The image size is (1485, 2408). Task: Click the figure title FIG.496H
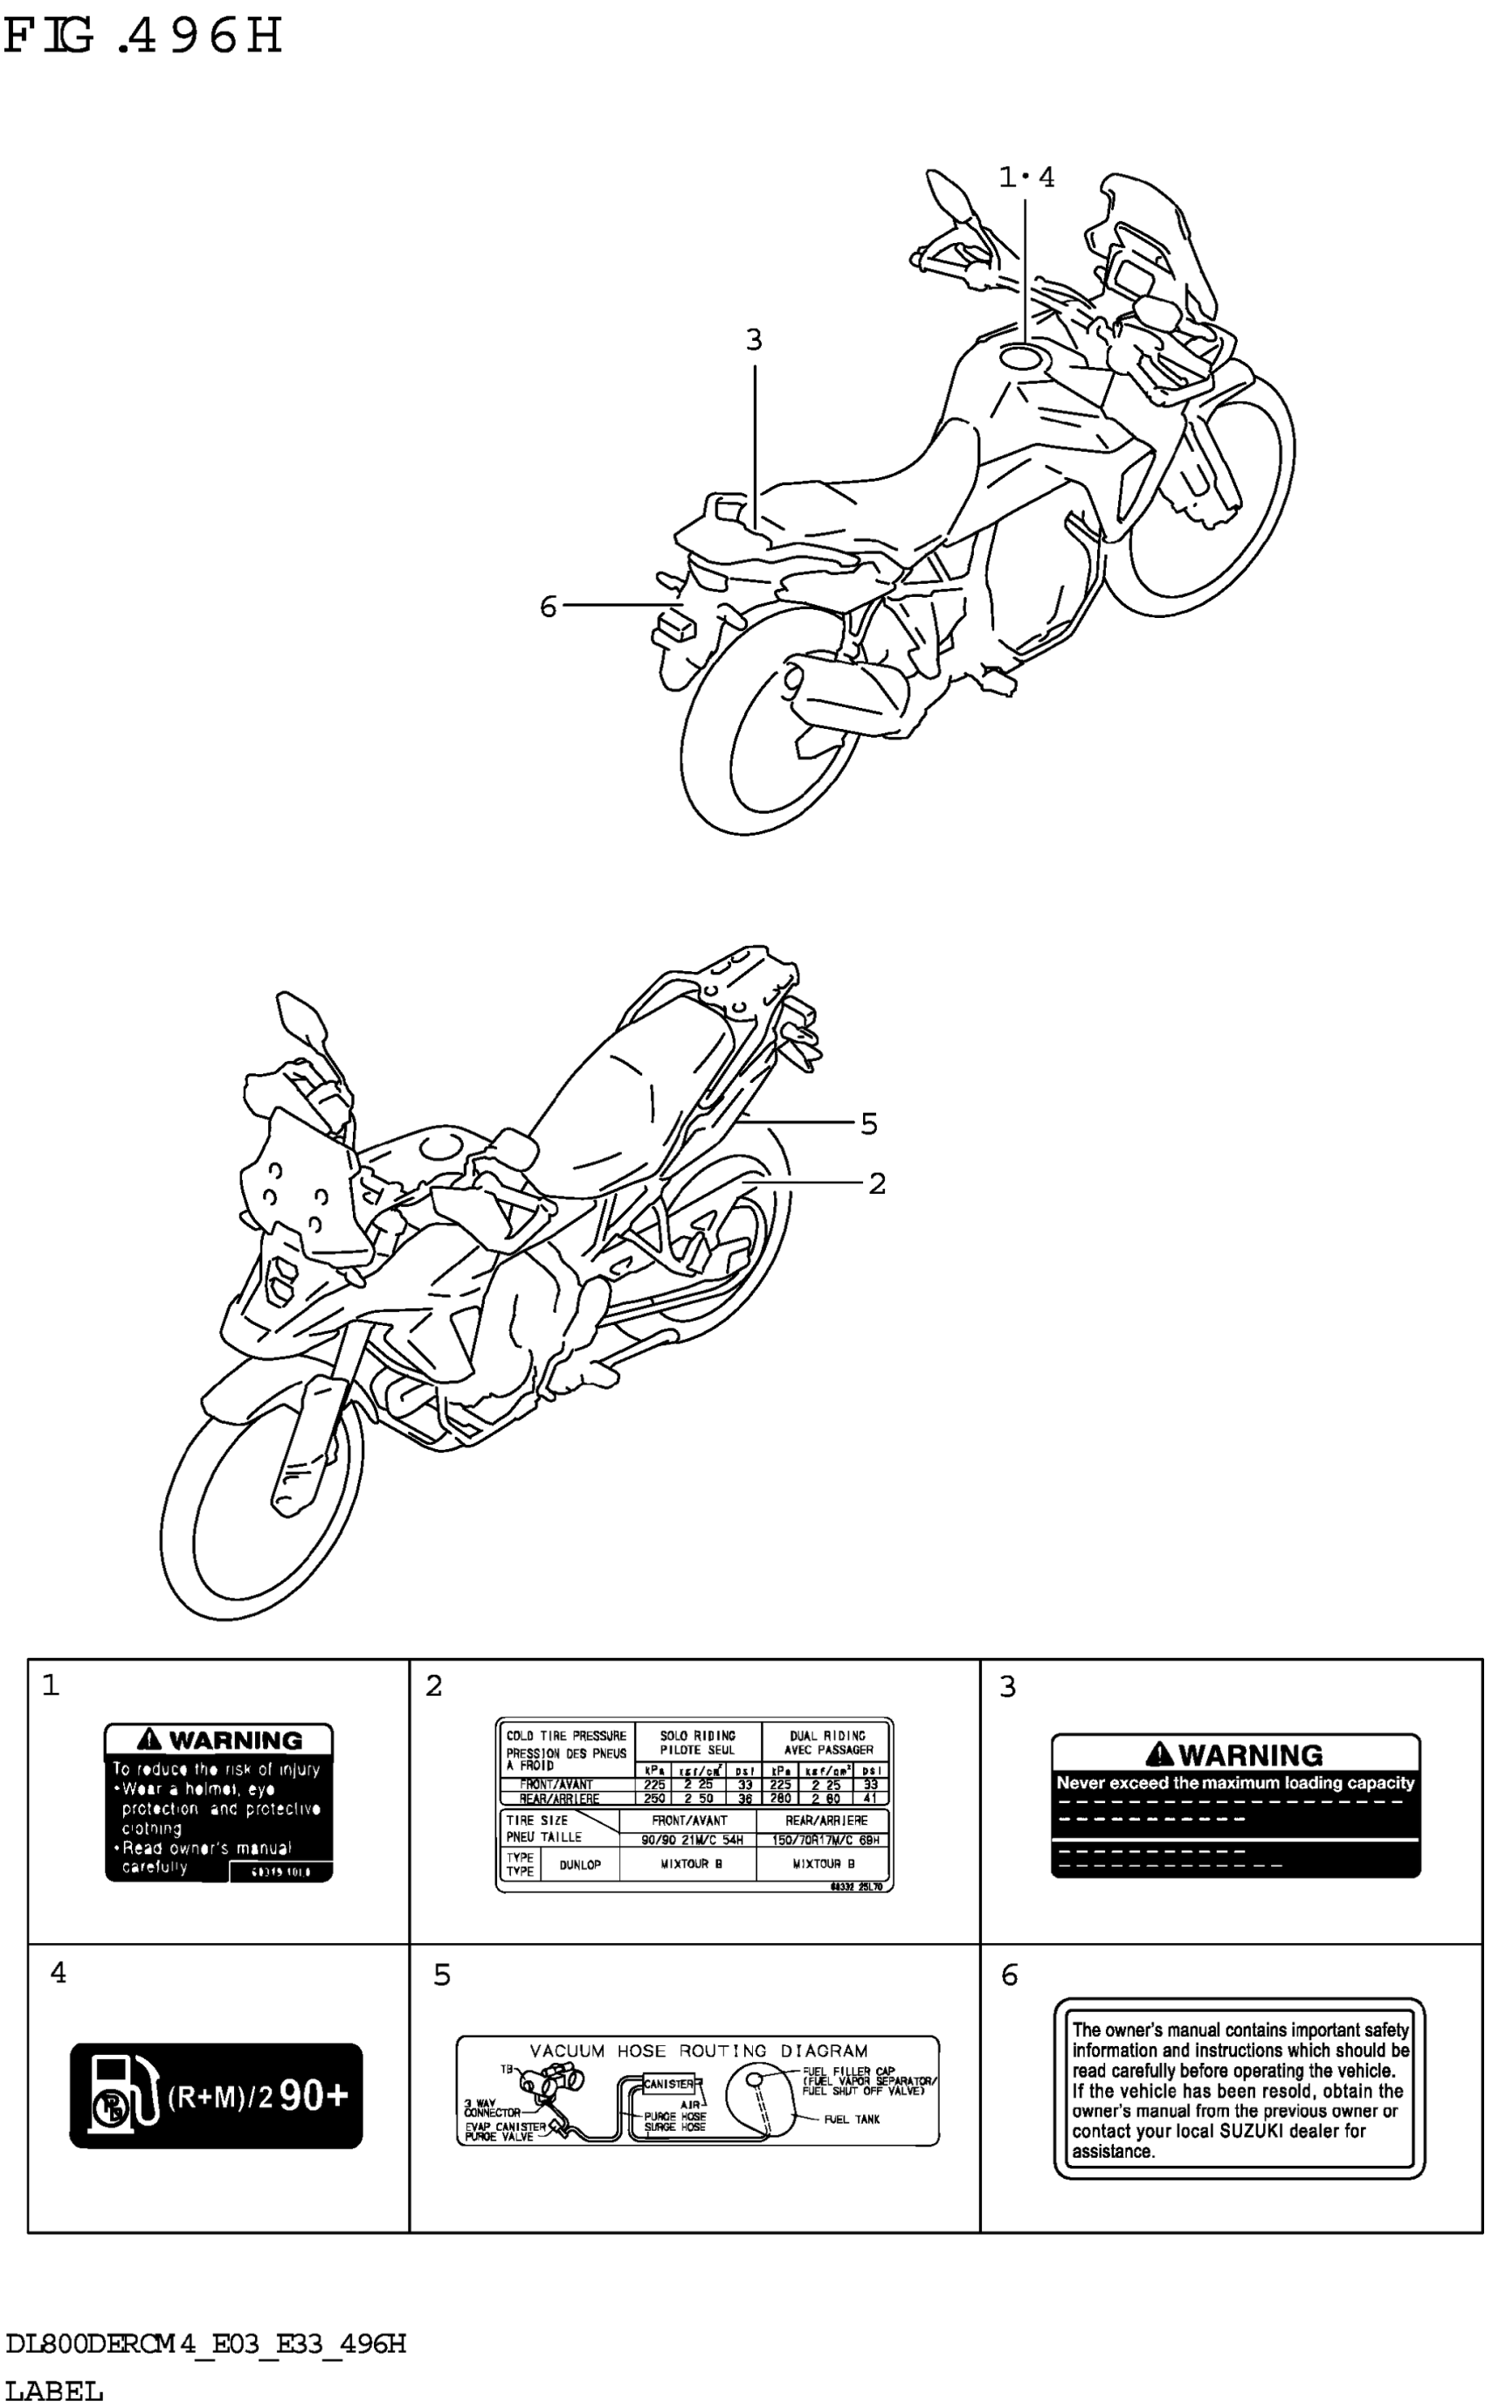click(x=143, y=37)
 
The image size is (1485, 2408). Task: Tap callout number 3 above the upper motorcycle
click(x=753, y=340)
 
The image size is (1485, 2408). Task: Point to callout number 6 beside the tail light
click(x=548, y=607)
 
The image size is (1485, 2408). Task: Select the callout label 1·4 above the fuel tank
click(x=1026, y=177)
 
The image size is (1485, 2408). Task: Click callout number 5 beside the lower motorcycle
click(x=868, y=1123)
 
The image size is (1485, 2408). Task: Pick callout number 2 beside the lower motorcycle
click(x=877, y=1183)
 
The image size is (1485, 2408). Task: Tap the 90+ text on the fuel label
click(x=314, y=2096)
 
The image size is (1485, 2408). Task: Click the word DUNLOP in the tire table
click(x=579, y=1863)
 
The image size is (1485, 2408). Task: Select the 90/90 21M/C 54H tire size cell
click(x=692, y=1840)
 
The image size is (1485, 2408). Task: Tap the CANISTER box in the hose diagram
click(x=668, y=2083)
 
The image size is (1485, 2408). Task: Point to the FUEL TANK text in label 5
click(x=852, y=2120)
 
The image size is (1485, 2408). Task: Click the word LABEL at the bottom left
click(x=54, y=2391)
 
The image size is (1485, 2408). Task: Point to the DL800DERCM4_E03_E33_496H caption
click(x=205, y=2344)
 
